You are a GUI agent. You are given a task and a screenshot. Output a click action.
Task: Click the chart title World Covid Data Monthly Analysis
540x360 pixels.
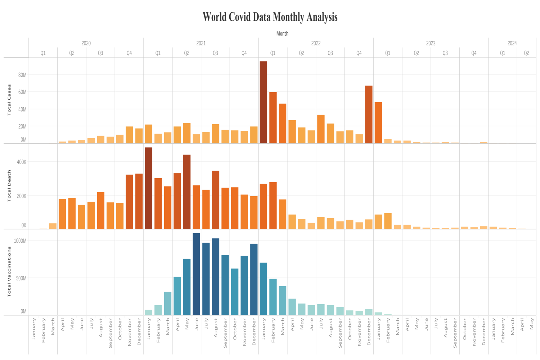(x=270, y=17)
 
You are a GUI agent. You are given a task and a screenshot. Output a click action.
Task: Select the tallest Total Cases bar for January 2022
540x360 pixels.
(x=264, y=102)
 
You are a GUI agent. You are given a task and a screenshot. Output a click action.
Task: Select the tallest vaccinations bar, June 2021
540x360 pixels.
(x=196, y=274)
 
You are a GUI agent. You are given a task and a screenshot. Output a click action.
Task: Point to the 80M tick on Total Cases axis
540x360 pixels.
(x=22, y=75)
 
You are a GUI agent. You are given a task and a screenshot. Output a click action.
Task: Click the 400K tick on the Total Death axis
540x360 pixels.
(x=22, y=162)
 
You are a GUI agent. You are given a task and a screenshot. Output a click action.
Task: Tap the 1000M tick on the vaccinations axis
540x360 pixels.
(x=20, y=241)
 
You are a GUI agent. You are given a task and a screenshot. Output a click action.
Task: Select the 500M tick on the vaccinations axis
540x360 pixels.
(x=21, y=278)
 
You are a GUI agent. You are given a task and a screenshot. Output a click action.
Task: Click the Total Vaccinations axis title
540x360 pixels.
(x=9, y=272)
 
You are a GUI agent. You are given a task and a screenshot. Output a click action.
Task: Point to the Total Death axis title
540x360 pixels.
(x=9, y=186)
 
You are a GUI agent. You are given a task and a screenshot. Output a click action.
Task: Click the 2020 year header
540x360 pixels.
(x=86, y=43)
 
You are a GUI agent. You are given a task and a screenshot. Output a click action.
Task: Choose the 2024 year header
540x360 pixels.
(x=512, y=43)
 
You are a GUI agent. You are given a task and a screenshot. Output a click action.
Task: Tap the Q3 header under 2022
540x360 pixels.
(x=330, y=53)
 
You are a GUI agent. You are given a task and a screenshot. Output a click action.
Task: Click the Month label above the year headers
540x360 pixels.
(x=282, y=33)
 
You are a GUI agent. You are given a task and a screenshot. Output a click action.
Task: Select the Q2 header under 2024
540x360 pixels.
(x=526, y=53)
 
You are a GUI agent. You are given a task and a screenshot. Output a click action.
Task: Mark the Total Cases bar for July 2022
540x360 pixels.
(x=321, y=129)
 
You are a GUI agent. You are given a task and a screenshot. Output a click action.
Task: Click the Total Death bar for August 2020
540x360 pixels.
(x=100, y=211)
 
